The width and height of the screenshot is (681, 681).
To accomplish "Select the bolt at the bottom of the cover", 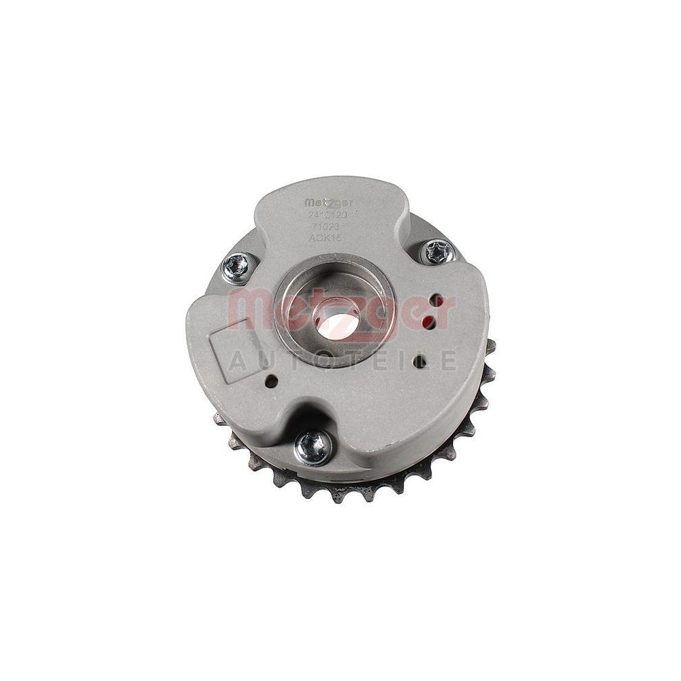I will click(x=314, y=447).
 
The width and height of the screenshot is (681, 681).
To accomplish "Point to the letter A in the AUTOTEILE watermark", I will click(x=236, y=360).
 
